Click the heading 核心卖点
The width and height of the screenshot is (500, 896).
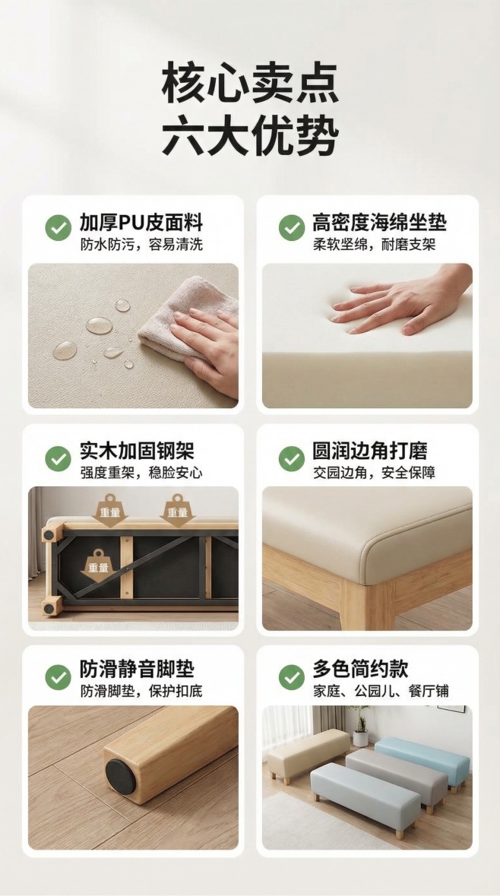250,84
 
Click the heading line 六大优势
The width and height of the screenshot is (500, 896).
250,136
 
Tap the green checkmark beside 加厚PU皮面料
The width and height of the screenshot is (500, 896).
58,226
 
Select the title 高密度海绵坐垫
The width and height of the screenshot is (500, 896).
379,223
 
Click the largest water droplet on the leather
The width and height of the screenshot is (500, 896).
99,325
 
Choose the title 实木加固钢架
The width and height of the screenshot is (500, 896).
137,451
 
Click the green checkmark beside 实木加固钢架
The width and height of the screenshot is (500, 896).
58,458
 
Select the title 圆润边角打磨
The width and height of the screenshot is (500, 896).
370,451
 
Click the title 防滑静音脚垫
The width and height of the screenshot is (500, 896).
137,669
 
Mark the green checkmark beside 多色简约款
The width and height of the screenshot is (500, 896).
291,676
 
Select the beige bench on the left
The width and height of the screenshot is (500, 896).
307,752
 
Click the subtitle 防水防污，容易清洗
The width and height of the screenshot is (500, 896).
141,245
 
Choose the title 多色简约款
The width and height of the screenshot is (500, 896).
360,669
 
